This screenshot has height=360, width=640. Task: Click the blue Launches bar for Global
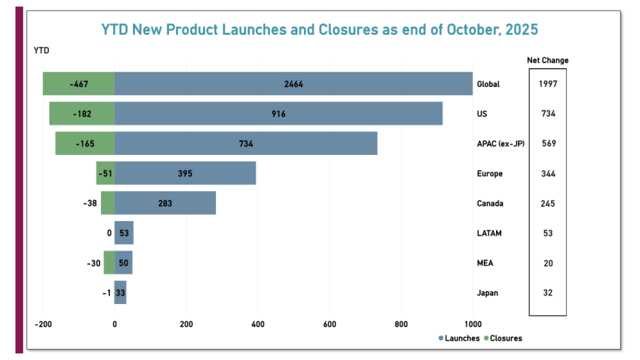tap(293, 83)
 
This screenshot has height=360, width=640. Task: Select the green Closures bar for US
tap(82, 113)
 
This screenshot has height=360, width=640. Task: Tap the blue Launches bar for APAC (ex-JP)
tap(246, 143)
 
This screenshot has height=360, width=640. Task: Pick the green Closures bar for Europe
tap(105, 173)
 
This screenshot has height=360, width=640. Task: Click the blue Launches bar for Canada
tap(165, 203)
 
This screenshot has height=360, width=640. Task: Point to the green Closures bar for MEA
tap(109, 263)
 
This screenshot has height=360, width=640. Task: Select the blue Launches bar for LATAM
tap(124, 233)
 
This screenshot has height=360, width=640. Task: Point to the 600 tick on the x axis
tap(329, 324)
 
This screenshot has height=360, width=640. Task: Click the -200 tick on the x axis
tap(43, 324)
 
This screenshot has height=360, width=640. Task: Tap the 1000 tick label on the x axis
tap(472, 324)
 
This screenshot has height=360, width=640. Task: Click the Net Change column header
tap(547, 60)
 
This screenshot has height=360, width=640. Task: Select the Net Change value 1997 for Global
tap(547, 84)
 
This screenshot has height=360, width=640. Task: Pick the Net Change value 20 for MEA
tap(548, 263)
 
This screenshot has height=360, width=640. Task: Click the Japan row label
tap(487, 293)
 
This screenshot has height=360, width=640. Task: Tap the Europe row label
tap(490, 173)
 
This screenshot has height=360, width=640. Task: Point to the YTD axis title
tap(41, 50)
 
